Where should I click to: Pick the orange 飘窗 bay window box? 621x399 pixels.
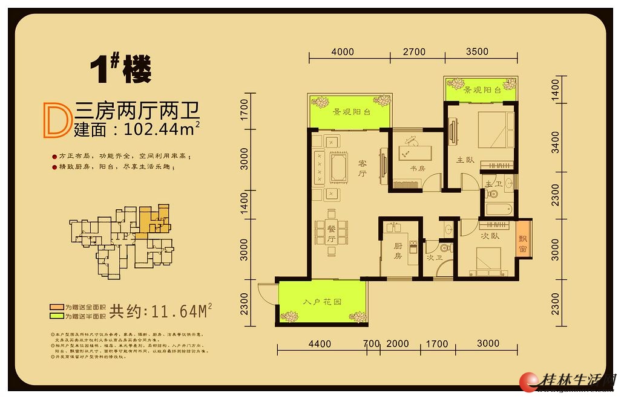523,241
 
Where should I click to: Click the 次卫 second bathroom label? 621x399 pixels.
431,257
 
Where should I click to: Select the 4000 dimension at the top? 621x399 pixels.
343,52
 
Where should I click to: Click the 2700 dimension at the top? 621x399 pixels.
414,52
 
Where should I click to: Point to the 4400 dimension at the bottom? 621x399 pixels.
320,344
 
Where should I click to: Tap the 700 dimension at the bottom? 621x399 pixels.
372,344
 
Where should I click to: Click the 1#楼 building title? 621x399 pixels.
120,70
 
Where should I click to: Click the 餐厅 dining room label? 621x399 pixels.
331,233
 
